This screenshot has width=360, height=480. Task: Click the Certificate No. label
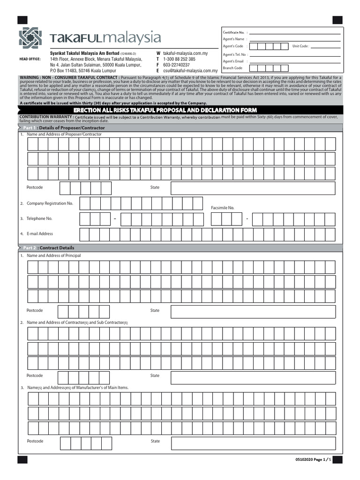point(233,32)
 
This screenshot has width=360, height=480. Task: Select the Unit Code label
point(300,46)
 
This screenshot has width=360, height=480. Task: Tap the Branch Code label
point(232,68)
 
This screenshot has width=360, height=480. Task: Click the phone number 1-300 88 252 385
point(179,60)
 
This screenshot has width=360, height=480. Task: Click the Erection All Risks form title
point(180,110)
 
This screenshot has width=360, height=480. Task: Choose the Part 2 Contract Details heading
point(49,247)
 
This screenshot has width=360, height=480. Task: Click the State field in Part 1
point(253,188)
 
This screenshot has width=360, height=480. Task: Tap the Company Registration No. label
point(50,203)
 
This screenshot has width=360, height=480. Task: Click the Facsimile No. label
point(222,208)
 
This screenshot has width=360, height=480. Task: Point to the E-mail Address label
point(40,233)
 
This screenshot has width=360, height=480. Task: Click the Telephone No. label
point(39,218)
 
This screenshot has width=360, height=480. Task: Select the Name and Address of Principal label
point(53,255)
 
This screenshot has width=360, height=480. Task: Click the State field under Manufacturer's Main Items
point(253,443)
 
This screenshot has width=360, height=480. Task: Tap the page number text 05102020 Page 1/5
point(314,460)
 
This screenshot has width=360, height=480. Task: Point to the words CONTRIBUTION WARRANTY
point(46,117)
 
